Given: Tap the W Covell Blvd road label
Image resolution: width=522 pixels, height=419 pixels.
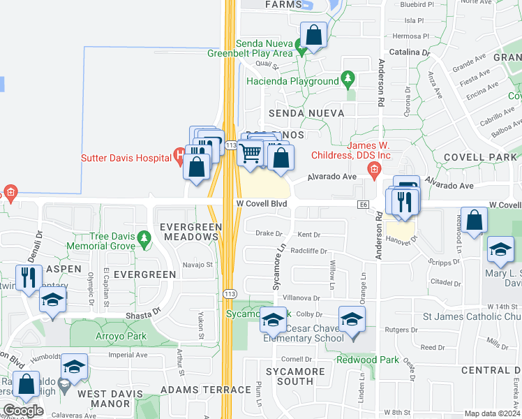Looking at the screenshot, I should (x=260, y=203).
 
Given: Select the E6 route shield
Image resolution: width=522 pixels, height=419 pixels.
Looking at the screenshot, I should (x=363, y=204).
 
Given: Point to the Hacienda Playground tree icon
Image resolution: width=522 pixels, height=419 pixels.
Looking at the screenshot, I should (x=348, y=80).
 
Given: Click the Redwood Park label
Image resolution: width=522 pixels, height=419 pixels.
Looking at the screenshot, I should (x=367, y=360).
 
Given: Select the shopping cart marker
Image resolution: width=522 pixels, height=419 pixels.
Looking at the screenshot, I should (x=251, y=153).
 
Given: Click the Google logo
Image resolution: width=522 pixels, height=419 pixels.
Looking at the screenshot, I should (x=23, y=411).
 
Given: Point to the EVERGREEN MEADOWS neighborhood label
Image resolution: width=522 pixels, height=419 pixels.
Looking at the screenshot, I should (x=191, y=232).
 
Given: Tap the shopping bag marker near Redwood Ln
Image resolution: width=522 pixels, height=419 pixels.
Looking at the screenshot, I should (x=475, y=220).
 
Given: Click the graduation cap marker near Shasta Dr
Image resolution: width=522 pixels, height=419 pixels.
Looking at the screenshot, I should (x=52, y=300).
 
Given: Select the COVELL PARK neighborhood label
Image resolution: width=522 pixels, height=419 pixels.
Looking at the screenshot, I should (x=479, y=157).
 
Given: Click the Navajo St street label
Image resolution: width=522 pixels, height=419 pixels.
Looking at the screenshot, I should (x=197, y=265).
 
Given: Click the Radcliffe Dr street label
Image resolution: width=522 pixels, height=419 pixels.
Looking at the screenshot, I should (x=309, y=251).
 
